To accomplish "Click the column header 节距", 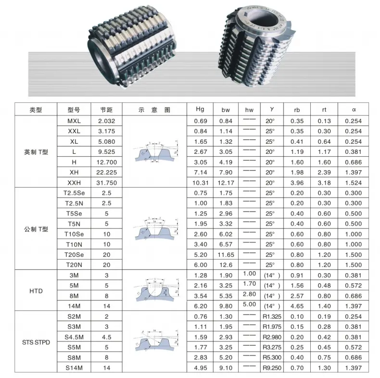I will click(106, 110).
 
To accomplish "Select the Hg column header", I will click(201, 110).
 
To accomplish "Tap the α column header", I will click(354, 110).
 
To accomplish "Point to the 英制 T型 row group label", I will click(36, 152).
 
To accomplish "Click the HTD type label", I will click(36, 291).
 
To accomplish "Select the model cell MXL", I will click(74, 121).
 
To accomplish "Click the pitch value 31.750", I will click(106, 183).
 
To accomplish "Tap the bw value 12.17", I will click(227, 183).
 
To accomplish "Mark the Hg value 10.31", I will click(201, 183).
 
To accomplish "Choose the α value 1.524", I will click(354, 183).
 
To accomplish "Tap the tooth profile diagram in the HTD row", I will click(154, 291).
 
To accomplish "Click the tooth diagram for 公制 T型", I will click(154, 229).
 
